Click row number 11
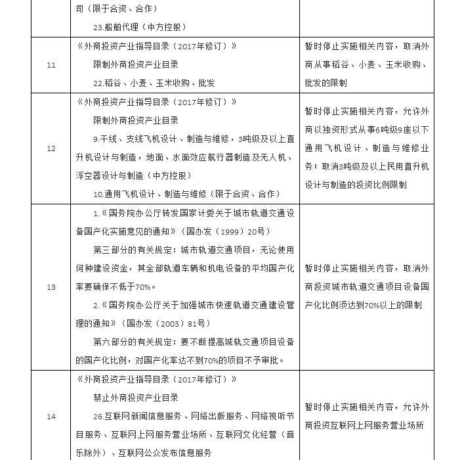click(51, 65)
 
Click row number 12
click(51, 149)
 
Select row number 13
click(51, 287)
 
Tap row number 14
click(51, 416)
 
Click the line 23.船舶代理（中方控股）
click(140, 28)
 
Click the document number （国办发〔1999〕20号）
click(228, 232)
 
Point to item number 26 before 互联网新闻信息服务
click(98, 416)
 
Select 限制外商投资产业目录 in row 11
click(136, 65)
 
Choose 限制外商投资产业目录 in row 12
click(136, 121)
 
